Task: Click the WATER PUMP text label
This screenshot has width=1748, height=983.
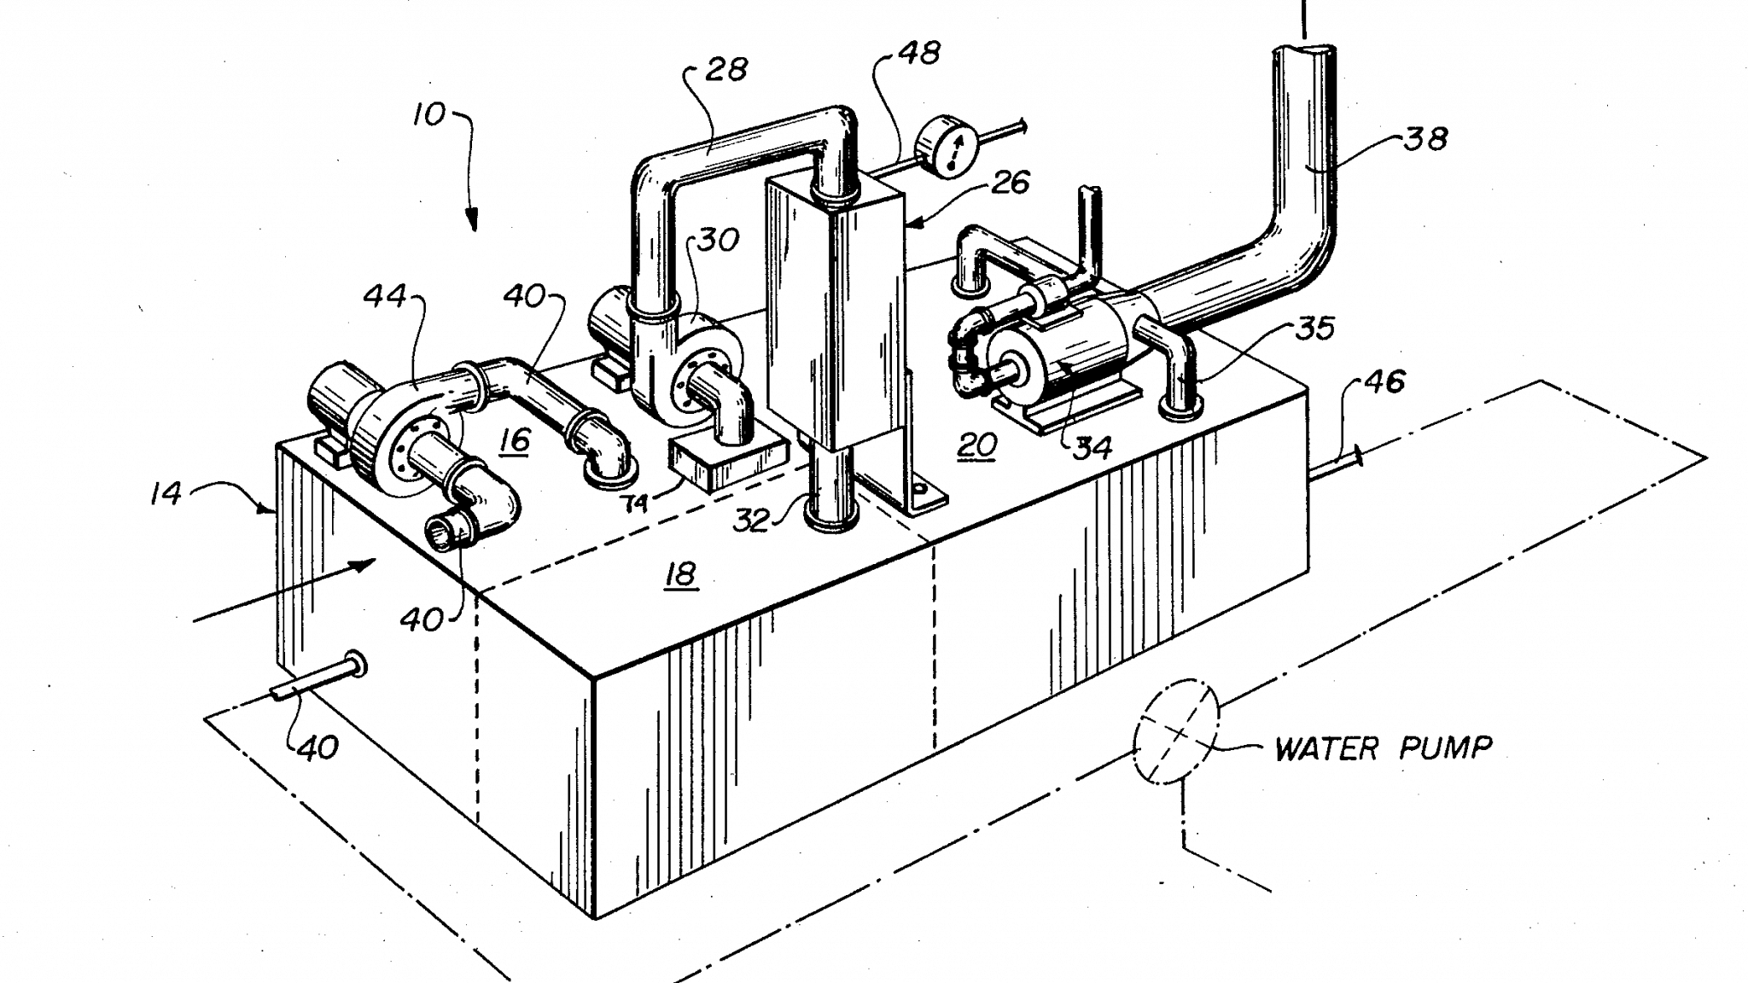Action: (1383, 749)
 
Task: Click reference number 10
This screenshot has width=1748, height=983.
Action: (429, 113)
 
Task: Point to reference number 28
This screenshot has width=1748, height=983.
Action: (725, 68)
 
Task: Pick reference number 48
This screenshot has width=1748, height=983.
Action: (919, 53)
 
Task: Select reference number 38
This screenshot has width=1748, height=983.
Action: (1425, 138)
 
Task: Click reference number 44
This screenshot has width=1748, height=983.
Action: (385, 297)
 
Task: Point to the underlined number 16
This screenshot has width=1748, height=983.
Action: (515, 440)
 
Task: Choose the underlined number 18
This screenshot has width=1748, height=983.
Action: (680, 574)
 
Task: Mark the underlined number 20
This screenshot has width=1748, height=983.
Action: (976, 445)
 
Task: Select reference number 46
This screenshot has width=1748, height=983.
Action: (1384, 381)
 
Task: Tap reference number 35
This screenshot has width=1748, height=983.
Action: (1315, 328)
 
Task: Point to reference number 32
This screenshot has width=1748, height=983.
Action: (752, 520)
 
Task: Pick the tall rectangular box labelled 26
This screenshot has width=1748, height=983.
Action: (832, 316)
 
